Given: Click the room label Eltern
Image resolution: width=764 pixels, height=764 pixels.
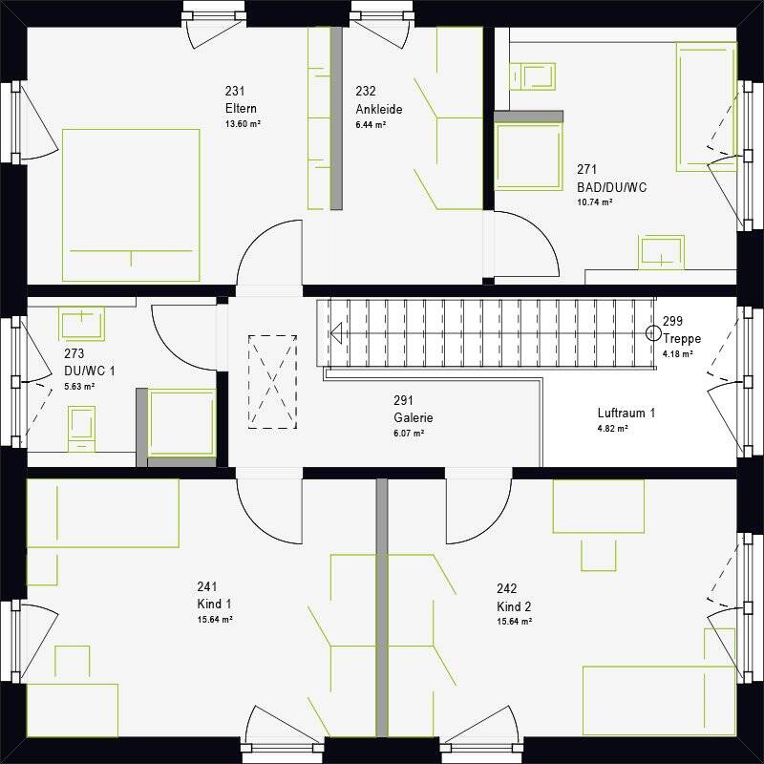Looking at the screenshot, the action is click(241, 108).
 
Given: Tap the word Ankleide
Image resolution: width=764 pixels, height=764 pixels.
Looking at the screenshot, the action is click(379, 109).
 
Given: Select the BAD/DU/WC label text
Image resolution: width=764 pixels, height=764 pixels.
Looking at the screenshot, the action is click(611, 187).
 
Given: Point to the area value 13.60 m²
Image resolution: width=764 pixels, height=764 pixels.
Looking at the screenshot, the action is click(243, 124).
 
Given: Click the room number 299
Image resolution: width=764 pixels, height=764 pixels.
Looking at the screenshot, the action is click(672, 321).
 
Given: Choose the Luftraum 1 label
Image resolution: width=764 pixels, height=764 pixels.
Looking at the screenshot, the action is click(626, 414).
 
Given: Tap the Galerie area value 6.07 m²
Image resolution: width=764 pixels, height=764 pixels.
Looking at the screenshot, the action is click(409, 433).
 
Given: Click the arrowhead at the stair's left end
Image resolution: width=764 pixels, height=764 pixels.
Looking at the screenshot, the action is click(336, 333).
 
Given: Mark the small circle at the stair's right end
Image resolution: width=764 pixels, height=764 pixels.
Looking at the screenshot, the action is click(653, 333).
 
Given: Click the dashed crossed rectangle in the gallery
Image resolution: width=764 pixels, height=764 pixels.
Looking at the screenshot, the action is click(272, 382).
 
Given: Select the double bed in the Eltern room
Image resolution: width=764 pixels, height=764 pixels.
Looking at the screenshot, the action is click(131, 205).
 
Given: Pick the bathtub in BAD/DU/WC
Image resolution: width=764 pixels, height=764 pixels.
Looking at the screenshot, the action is click(706, 107).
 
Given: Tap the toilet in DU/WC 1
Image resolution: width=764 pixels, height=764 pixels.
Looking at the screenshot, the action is click(81, 428).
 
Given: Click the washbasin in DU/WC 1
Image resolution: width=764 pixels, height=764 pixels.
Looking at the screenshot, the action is click(81, 324).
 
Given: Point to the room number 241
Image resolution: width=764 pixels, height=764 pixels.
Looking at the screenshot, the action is click(207, 586).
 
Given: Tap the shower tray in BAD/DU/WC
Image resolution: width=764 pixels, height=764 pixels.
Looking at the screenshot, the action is click(529, 156).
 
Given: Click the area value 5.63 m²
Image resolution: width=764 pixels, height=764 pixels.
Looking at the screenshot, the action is click(79, 387).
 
